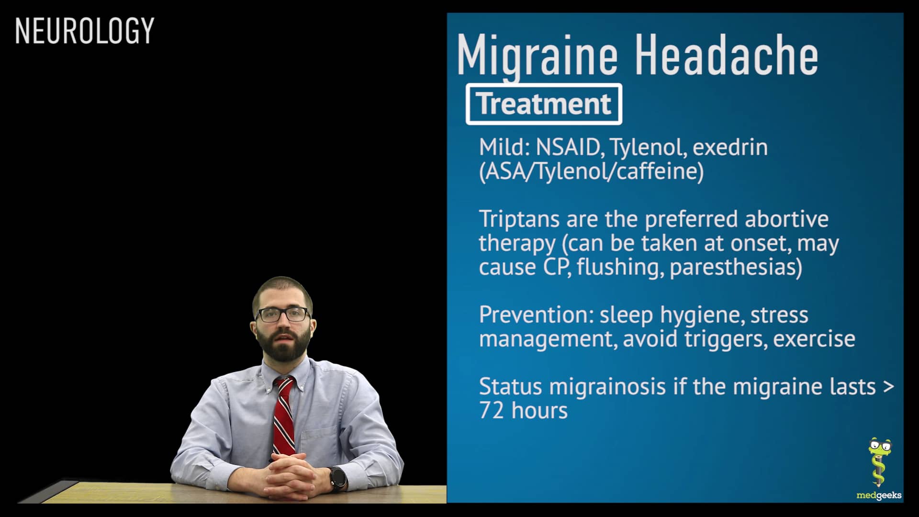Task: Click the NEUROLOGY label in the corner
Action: coord(84,31)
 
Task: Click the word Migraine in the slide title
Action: coord(537,56)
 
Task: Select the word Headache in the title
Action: coord(726,56)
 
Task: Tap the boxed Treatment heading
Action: coord(544,104)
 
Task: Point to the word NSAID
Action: coord(568,147)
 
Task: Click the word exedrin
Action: coord(730,147)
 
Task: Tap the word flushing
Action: coord(620,267)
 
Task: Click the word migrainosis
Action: coord(607,387)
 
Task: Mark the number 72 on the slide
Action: coord(492,411)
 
